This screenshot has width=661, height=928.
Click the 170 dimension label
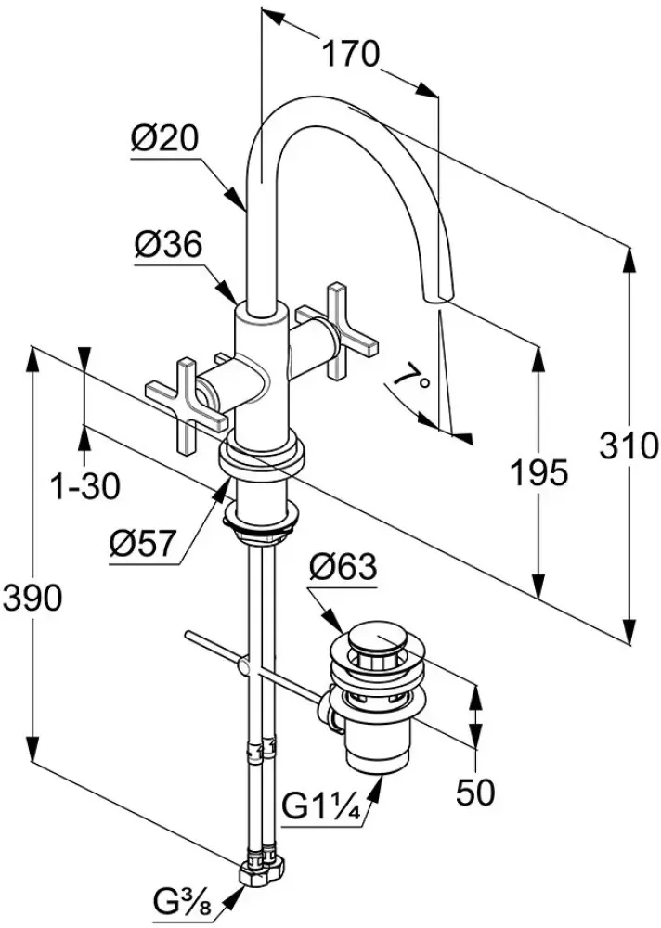(x=350, y=55)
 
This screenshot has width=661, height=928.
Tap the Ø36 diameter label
(x=168, y=246)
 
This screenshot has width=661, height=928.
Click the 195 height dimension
(x=538, y=472)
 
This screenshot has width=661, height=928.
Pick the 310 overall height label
(x=629, y=447)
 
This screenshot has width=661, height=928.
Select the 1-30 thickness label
(x=84, y=484)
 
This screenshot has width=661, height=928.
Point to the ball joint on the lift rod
(x=245, y=666)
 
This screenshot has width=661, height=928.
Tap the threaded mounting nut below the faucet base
(x=263, y=524)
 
